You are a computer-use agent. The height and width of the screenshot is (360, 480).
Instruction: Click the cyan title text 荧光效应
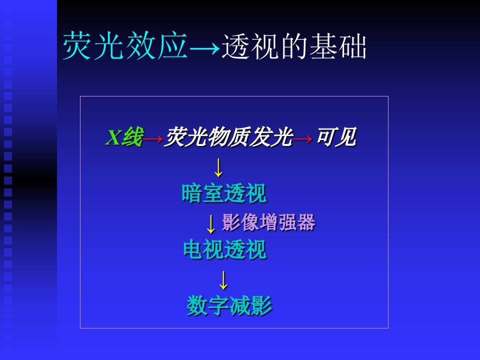coord(125,45)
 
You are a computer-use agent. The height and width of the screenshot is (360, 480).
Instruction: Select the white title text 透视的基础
coord(294,46)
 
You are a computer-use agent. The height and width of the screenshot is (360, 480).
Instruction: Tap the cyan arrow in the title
coord(204,48)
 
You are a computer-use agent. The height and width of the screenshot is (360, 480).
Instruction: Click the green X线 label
coord(124,137)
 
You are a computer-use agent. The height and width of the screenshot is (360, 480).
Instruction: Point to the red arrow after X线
coord(153,139)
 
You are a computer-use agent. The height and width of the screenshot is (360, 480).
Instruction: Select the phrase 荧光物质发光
coord(228,137)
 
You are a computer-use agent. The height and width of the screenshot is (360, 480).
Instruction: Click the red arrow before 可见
coord(302,139)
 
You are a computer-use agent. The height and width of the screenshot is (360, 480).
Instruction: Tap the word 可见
coord(336,137)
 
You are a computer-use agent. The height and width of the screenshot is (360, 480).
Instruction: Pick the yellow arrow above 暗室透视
coord(218,167)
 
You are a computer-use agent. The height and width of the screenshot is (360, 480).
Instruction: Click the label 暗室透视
coord(224,193)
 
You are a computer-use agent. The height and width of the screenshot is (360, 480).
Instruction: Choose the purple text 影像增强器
coord(268,222)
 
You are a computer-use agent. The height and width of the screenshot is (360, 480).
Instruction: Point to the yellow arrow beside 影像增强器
coord(210,224)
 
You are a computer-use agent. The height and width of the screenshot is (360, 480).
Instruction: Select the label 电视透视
coord(224,250)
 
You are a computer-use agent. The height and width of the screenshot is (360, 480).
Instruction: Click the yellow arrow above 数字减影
coord(223,280)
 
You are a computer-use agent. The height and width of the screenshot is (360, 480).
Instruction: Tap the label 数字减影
coord(229,305)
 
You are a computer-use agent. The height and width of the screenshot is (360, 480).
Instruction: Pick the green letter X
coord(113,137)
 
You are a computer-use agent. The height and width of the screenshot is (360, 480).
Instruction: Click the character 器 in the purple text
coord(306,222)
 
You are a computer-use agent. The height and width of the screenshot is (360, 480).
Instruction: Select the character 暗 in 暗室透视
coord(191,193)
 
